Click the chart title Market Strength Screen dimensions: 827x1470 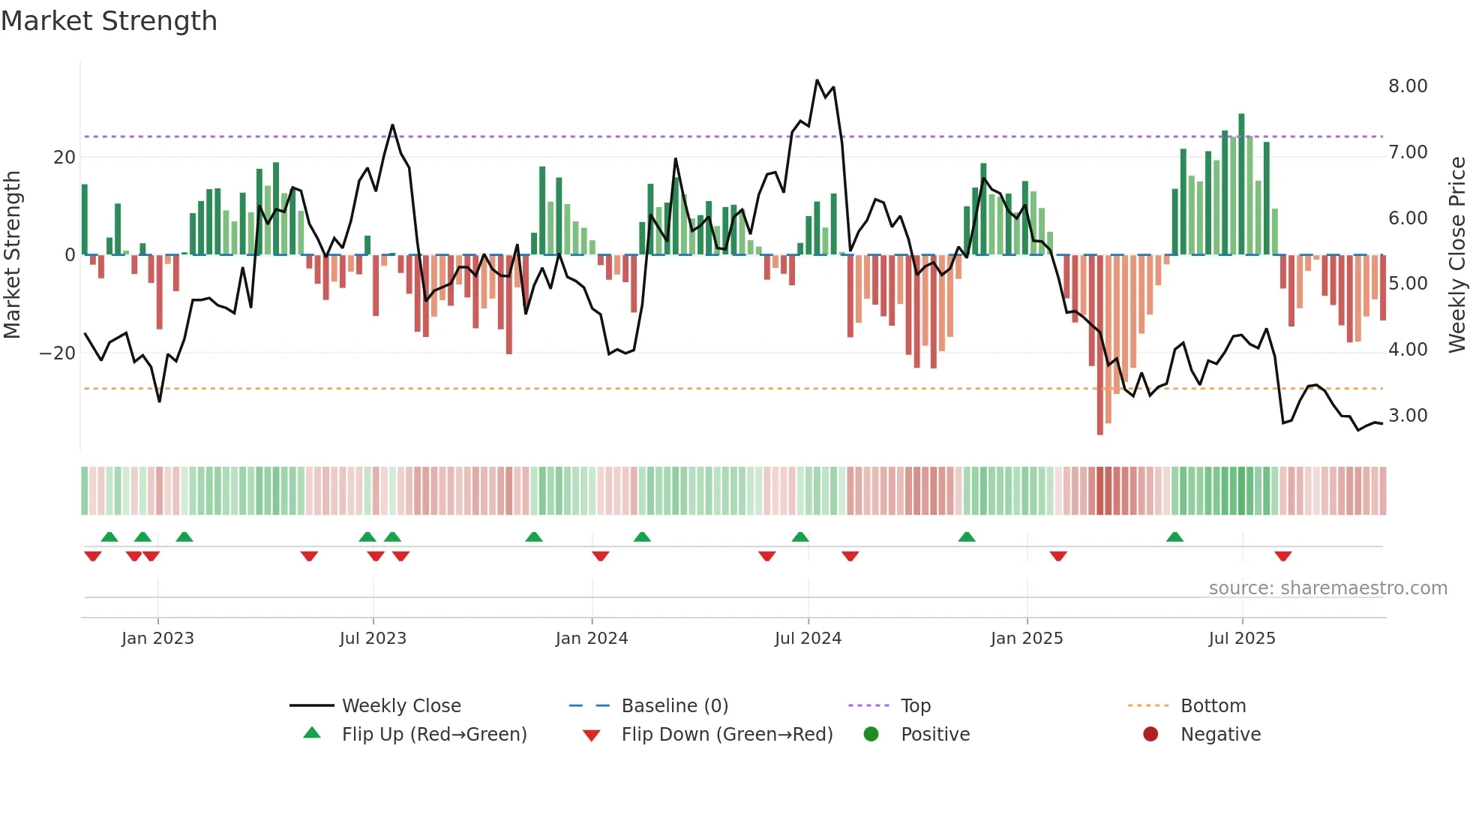(109, 21)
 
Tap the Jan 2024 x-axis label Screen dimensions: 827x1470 (591, 639)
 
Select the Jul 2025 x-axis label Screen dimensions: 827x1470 (1241, 639)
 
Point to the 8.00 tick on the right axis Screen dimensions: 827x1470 (1407, 86)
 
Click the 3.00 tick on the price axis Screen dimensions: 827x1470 (1407, 416)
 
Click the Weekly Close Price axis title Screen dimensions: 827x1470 (1456, 255)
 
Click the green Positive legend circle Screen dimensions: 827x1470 (871, 735)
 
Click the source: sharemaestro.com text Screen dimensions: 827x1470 (1327, 588)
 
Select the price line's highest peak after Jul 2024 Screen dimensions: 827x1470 (817, 81)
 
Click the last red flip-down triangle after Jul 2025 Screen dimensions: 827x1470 (1282, 556)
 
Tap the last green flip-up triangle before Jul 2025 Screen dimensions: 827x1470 (1174, 537)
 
